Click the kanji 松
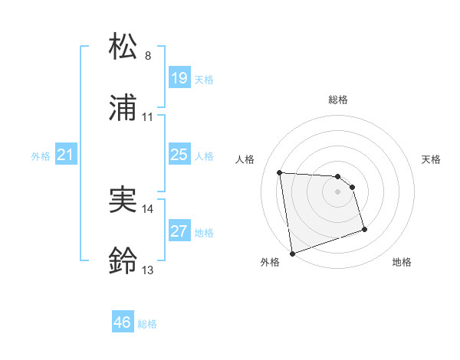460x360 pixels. [x=124, y=47]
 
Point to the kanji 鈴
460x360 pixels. [x=124, y=262]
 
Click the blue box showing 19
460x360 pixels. [x=179, y=77]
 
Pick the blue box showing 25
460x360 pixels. [x=179, y=155]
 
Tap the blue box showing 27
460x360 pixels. [x=179, y=231]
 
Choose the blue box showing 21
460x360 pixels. [x=66, y=155]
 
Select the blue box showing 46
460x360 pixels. [x=123, y=322]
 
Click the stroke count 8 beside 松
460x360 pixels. [x=148, y=56]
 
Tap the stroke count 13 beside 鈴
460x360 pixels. [x=148, y=270]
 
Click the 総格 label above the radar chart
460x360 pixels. [x=338, y=100]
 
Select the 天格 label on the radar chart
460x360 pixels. [x=432, y=159]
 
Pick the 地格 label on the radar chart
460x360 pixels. [x=402, y=263]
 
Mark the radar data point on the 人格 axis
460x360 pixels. [x=280, y=172]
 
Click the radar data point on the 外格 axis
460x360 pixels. [x=292, y=253]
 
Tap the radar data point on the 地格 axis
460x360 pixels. [x=364, y=229]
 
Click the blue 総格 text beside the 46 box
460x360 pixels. [x=147, y=324]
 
